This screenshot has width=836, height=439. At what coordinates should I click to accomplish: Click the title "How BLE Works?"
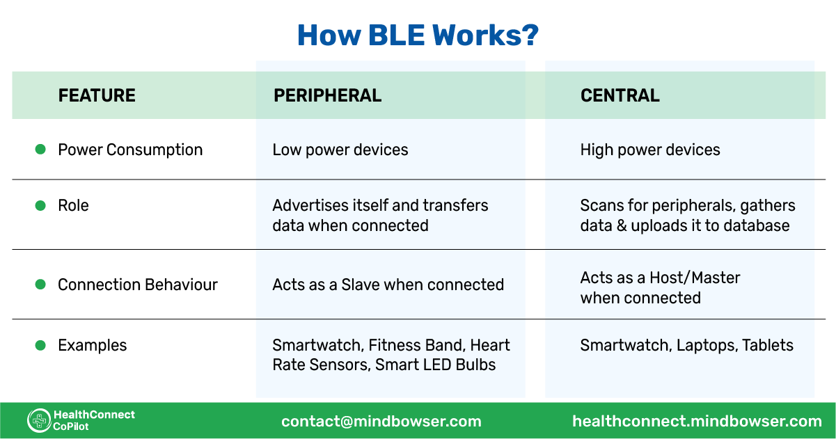pos(418,35)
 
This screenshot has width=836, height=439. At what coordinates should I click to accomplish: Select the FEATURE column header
pos(97,95)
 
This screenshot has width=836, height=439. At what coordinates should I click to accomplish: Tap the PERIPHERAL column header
pos(327,95)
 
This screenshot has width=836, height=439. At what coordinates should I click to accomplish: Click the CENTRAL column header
pos(620,95)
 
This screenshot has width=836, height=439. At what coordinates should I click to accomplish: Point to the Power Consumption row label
pos(130,150)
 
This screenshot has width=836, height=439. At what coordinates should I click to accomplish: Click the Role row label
pos(73,206)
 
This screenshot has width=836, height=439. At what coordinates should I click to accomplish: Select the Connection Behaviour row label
pos(138,285)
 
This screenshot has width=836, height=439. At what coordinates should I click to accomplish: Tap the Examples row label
pos(92,345)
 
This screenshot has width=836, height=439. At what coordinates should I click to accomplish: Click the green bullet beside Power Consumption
pos(40,149)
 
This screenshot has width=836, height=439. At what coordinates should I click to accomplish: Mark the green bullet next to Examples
pos(40,344)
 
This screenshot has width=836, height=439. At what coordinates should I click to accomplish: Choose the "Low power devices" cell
pos(340,150)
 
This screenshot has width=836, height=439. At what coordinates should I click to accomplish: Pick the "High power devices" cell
pos(650,150)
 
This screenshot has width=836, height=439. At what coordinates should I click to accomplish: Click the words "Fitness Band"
pos(415,345)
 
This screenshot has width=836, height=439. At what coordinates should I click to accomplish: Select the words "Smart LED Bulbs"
pos(435,365)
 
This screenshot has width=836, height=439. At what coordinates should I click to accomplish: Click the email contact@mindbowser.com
pos(381,421)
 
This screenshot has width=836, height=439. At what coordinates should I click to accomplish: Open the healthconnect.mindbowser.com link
pos(697,421)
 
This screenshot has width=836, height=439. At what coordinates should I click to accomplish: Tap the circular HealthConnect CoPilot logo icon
pos(39,420)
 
